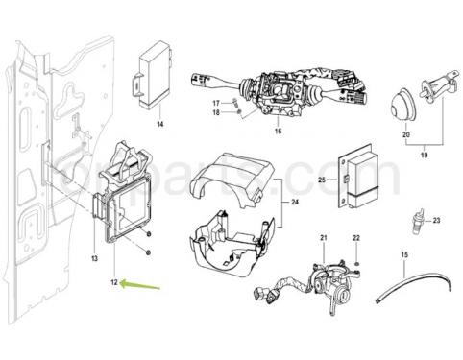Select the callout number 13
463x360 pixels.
coord(94,259)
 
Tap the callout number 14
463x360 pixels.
coord(160,125)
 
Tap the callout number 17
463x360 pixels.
coord(215,102)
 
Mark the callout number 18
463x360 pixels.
coord(215,113)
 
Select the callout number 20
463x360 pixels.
coord(406,136)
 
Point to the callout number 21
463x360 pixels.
coord(325,238)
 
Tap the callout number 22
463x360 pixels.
coord(355,238)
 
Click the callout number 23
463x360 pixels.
coord(436,220)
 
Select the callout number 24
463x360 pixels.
coord(295,203)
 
